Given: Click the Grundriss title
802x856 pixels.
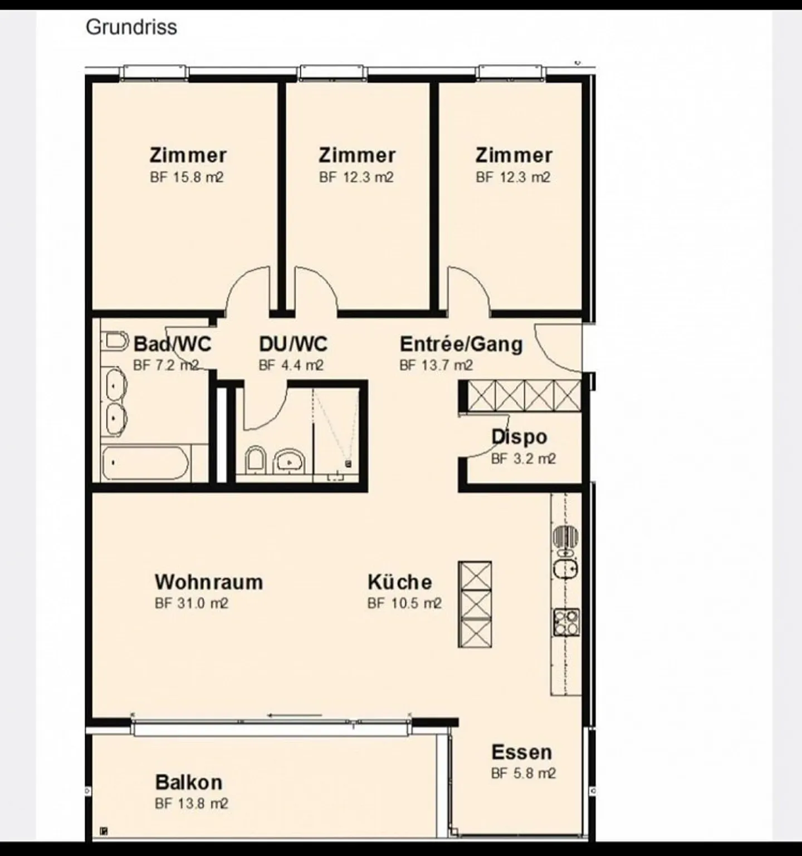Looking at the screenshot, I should coord(131,27).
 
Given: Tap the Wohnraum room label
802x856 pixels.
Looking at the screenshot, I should coord(209,582).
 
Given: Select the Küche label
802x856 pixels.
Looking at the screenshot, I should coord(399,582).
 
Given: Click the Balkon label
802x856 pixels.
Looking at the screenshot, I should coord(189,782).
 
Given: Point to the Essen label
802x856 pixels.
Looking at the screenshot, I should coord(521,752).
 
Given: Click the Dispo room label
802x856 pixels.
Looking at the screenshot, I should coord(519,437).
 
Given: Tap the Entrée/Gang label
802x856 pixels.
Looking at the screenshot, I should coord(461,344).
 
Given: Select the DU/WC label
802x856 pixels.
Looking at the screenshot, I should coord(293,344).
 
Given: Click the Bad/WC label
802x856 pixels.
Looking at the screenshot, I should coord(173,344).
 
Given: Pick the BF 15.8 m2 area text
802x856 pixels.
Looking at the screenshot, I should coord(187,178).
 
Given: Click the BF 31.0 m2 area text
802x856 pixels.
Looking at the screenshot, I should coord(192,603).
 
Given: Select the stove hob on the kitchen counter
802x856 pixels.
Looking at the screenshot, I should coord(566,622).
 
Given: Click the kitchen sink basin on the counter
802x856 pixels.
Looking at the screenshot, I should coord(565,568).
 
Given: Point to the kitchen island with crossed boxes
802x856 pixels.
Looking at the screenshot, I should coord(475,604).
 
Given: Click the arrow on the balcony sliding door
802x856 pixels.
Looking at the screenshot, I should coord(295,715).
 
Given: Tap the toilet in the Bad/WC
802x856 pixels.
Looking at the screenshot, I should coord(116,340).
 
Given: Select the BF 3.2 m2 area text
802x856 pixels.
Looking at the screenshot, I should coord(523,459).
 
